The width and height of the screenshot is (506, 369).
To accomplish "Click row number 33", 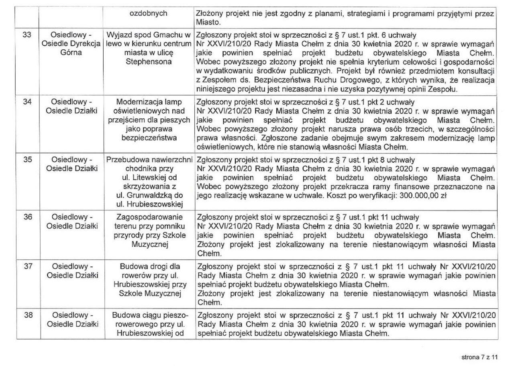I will (27, 34).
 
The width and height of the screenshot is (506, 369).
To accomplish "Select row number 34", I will (27, 101).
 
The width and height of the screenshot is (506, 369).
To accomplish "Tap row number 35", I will (27, 159).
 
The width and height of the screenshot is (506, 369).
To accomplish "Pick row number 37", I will (27, 266).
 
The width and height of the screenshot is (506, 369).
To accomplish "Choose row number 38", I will (27, 315).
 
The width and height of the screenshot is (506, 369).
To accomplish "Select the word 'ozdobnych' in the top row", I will (149, 13).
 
